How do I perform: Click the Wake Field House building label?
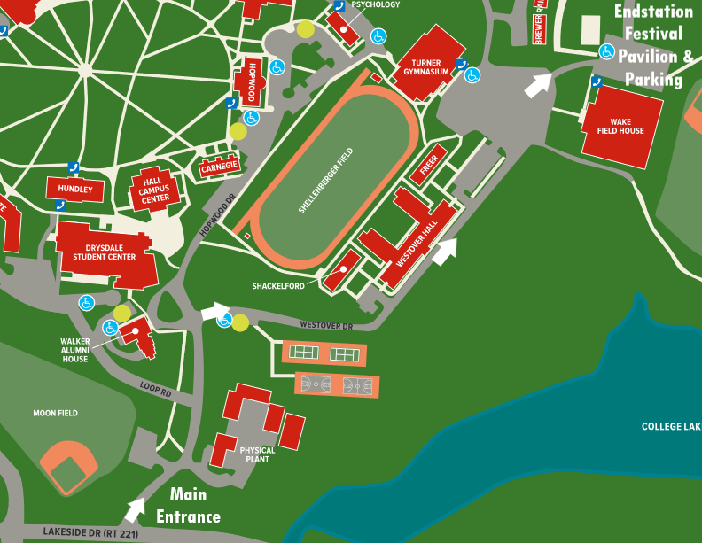pyautogui.click(x=627, y=126)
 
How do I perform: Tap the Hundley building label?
pyautogui.click(x=75, y=189)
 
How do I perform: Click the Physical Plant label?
pyautogui.click(x=258, y=454)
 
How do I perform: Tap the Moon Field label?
pyautogui.click(x=55, y=413)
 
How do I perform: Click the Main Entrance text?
pyautogui.click(x=188, y=505)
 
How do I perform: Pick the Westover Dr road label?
pyautogui.click(x=326, y=326)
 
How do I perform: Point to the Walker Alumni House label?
pyautogui.click(x=74, y=349)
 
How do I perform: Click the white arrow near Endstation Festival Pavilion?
pyautogui.click(x=537, y=85)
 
